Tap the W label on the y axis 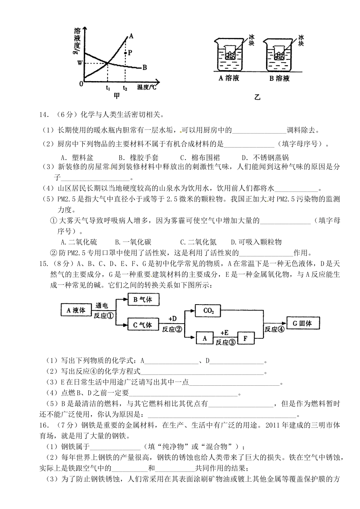coord(80,63)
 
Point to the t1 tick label coord(108,88)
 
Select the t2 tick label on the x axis coord(125,88)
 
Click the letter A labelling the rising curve coord(131,36)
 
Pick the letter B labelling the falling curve coord(145,68)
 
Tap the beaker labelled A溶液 coord(229,57)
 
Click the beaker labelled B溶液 coord(280,57)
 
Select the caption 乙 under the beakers coord(257,97)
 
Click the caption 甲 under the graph coord(117,96)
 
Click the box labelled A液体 coord(76,310)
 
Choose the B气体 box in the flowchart coord(143,300)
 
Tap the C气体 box coord(143,325)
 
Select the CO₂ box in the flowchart coord(209,311)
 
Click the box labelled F coord(245,338)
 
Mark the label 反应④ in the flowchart coord(274,329)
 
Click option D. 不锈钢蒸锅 coord(265,157)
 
